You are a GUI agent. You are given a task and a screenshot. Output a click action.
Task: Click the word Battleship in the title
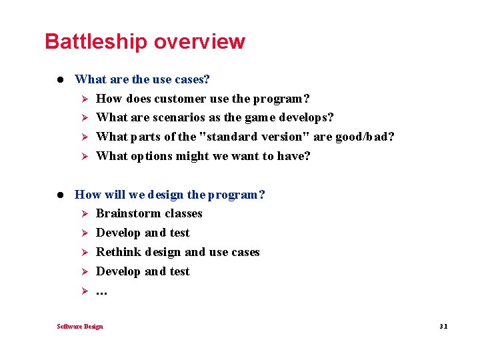coord(96,41)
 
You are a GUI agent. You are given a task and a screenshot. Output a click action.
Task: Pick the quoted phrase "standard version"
coord(249,137)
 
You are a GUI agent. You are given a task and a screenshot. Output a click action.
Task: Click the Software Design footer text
coord(80,327)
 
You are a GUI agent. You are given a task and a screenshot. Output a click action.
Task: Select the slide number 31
coord(443,327)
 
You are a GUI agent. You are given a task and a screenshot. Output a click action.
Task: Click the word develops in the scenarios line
coord(306,118)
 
